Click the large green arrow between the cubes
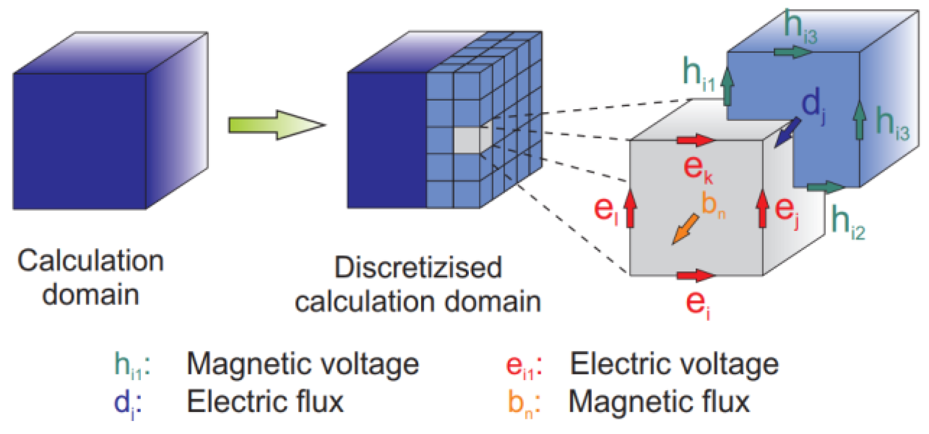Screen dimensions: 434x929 (276, 125)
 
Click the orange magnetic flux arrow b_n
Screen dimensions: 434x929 (685, 230)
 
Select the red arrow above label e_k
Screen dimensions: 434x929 (695, 140)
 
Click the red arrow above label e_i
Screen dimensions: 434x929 (695, 276)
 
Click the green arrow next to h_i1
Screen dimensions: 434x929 (727, 87)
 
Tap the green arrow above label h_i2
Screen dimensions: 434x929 (825, 187)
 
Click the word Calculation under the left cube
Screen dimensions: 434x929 (91, 261)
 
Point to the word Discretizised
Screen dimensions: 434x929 (418, 268)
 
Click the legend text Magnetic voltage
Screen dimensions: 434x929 (302, 364)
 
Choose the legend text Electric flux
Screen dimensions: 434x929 (265, 402)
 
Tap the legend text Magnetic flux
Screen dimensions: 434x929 (659, 402)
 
